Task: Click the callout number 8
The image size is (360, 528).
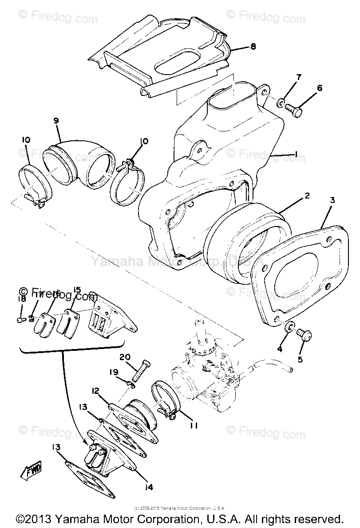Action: click(253, 46)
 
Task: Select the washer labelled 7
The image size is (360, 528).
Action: click(281, 104)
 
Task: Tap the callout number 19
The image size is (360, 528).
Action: click(115, 372)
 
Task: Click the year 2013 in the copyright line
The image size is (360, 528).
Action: click(35, 519)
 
